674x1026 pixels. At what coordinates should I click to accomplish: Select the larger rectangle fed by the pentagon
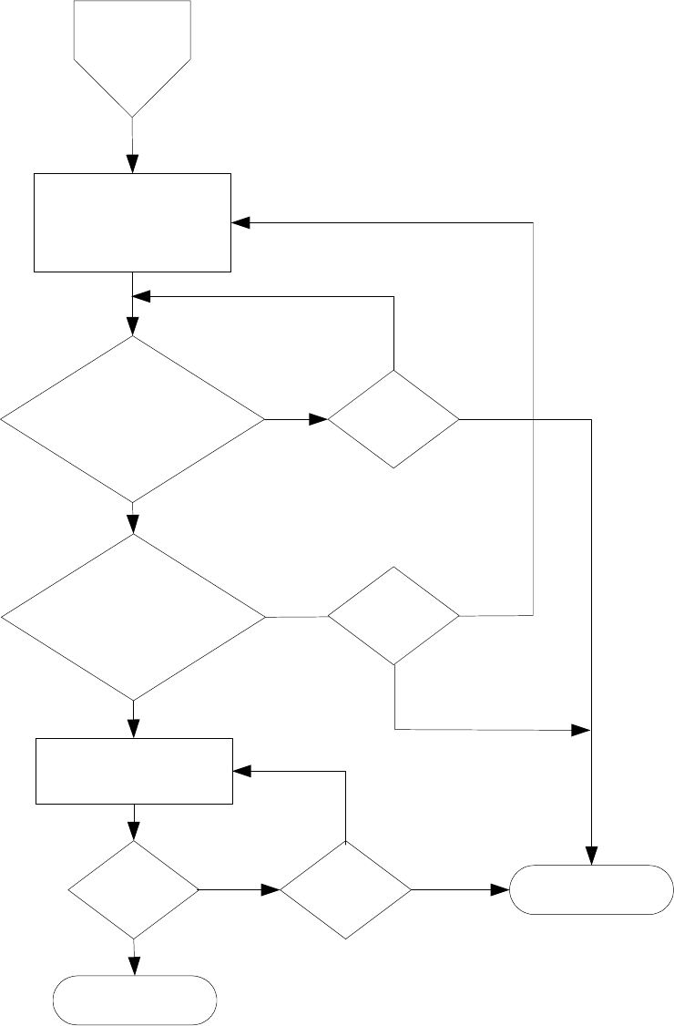[x=133, y=222]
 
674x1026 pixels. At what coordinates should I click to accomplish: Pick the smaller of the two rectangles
[x=134, y=771]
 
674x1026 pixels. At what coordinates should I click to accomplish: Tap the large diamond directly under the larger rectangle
[x=133, y=419]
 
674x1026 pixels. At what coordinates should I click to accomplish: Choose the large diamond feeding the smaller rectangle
[x=133, y=617]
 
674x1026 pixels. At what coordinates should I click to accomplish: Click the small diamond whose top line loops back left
[x=393, y=419]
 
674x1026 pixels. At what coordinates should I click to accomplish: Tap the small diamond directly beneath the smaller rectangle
[x=133, y=889]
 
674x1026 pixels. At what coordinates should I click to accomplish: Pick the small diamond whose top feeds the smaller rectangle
[x=345, y=889]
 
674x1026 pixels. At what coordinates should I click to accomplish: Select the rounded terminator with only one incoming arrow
[x=135, y=1000]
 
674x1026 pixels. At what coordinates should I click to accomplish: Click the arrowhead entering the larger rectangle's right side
[x=240, y=222]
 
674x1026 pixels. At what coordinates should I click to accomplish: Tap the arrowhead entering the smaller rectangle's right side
[x=241, y=771]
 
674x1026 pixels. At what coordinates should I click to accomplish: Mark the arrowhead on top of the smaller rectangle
[x=134, y=729]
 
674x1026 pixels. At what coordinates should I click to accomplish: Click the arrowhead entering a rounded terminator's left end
[x=501, y=889]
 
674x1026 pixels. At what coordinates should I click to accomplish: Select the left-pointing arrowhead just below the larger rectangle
[x=141, y=296]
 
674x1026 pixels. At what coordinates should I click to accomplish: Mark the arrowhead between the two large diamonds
[x=133, y=524]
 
